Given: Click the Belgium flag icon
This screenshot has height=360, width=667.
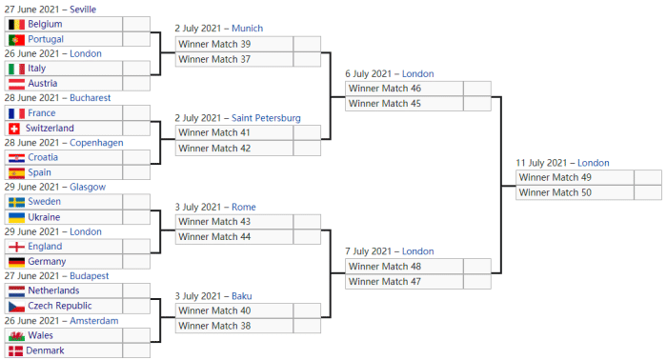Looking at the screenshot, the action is (16, 24).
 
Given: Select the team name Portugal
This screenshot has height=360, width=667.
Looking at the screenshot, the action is (46, 39).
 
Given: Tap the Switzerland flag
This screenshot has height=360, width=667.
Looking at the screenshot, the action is (14, 129).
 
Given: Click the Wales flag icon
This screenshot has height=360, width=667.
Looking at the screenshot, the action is (16, 336).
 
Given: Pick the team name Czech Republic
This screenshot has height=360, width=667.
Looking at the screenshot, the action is (60, 306).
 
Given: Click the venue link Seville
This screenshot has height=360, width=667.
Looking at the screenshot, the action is (83, 10).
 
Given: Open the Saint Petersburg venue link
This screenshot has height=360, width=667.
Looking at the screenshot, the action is (266, 118).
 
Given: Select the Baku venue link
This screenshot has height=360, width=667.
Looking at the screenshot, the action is (242, 296).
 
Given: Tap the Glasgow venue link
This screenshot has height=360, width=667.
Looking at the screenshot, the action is (88, 187).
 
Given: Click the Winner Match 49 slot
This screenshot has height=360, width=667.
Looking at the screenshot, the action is (556, 178).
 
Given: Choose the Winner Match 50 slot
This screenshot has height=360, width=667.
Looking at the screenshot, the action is (556, 192).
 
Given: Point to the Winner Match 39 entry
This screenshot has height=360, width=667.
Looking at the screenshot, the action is (214, 44).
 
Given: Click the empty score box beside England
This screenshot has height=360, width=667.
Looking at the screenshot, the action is (136, 247).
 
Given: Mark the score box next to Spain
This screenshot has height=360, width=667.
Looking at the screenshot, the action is (136, 172).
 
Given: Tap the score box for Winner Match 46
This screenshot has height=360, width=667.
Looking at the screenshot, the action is (477, 89).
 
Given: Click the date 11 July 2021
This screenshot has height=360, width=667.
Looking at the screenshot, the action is (541, 163).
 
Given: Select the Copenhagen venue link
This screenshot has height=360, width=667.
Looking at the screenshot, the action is (96, 143).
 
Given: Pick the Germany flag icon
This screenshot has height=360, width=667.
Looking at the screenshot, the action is (16, 262).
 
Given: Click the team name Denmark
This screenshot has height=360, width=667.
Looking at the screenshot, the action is (45, 350).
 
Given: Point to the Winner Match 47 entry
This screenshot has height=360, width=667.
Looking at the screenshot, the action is (385, 282).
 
